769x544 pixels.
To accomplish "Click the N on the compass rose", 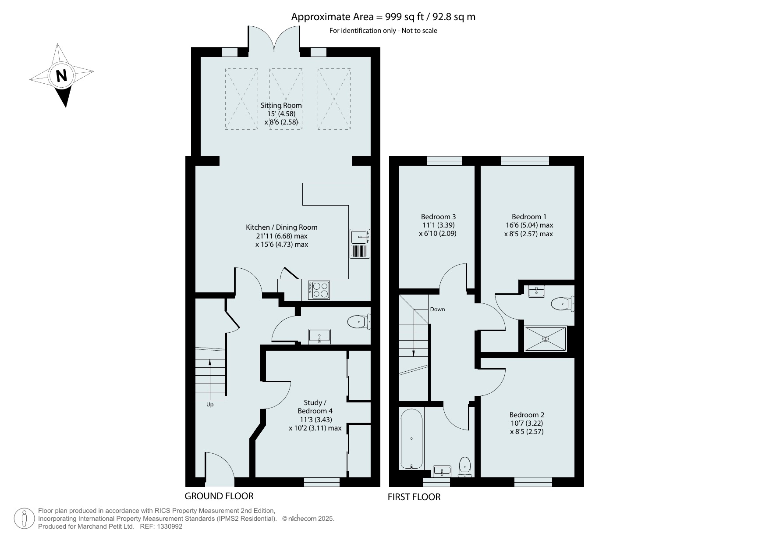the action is [x=62, y=76].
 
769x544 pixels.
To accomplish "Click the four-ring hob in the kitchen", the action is [x=319, y=290].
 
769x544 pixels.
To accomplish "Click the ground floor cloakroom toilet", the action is [x=359, y=323].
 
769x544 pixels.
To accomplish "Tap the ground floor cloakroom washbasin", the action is [x=320, y=337].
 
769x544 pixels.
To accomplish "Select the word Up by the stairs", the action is [x=210, y=405].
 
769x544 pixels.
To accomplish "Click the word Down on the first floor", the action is [x=437, y=309].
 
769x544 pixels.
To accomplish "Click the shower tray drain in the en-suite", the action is [x=546, y=339].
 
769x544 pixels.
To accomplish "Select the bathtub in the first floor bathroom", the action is [x=411, y=439].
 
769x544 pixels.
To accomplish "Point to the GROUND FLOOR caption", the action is [x=219, y=496].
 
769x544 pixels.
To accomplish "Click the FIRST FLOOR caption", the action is [x=414, y=497].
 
